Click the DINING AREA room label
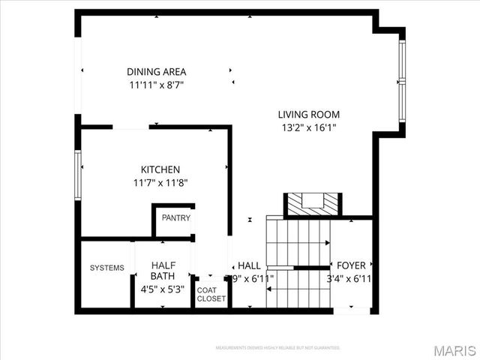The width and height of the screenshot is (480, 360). (x=156, y=72)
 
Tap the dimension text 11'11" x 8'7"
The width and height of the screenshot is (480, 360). (x=156, y=85)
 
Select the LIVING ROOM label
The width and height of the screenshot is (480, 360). (x=309, y=115)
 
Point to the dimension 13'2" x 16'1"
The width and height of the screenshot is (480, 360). (x=309, y=127)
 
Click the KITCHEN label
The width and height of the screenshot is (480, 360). (x=160, y=169)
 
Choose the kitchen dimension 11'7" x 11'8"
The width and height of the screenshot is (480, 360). (x=160, y=182)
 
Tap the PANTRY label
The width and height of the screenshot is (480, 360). (x=176, y=218)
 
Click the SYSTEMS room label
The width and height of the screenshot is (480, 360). (x=107, y=268)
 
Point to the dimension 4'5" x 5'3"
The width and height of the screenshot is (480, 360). (x=163, y=289)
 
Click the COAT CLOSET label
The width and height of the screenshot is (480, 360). (x=211, y=294)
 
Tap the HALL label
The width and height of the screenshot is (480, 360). (x=249, y=265)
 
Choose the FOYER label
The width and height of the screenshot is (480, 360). (x=351, y=265)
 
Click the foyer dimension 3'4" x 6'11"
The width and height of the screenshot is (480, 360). (x=351, y=278)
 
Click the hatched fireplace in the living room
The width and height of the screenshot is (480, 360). (x=311, y=204)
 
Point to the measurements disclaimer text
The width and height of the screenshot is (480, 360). (x=277, y=348)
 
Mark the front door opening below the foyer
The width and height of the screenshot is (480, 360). (x=352, y=309)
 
